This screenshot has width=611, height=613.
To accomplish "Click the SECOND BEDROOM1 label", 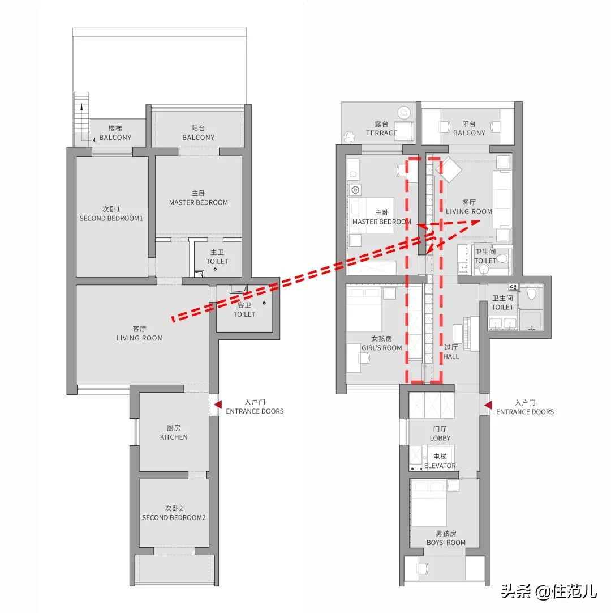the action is pos(111,218).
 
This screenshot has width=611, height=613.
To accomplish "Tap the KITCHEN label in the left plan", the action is pos(174,437).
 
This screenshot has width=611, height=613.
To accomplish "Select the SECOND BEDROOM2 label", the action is pos(174,517).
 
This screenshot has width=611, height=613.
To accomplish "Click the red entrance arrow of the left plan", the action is pos(218,405).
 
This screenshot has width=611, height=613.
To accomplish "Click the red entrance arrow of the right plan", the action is pos(488,405).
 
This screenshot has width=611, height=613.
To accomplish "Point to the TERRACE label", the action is pos(381,133).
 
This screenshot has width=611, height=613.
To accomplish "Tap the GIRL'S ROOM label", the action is pos(381,347).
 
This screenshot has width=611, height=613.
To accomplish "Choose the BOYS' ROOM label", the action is pos(446,543).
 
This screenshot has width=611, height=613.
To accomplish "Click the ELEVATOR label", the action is pos(440,466).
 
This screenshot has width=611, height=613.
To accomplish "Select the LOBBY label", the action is pos(440,438).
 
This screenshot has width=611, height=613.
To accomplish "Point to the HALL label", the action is pos(451,356).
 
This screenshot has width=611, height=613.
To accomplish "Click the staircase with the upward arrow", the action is pos(81,117).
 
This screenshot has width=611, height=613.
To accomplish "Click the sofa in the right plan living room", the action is pos(502,199).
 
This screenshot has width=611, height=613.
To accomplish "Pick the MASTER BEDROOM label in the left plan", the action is pos(199,202).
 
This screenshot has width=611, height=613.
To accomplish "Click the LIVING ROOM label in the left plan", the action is pos(139,338).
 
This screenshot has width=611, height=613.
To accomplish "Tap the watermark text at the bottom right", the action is pos(549,591).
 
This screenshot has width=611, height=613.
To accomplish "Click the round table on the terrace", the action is pos(405,113).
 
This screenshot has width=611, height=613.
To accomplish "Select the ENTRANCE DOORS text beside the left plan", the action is pos(255,411).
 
